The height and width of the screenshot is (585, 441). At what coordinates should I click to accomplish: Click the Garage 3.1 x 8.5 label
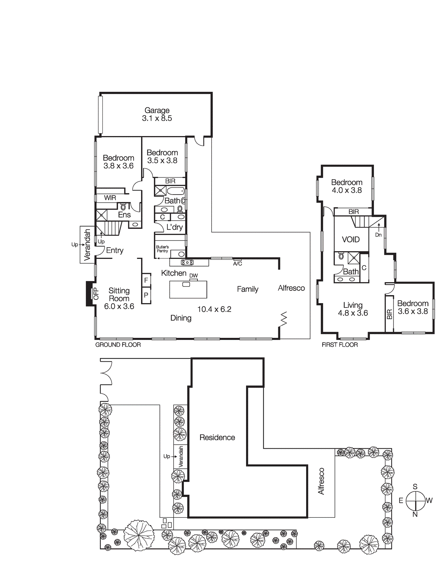(x=157, y=114)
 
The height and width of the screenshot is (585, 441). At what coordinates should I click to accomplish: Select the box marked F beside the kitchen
(x=146, y=280)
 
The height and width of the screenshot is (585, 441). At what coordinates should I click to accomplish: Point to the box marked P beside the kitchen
(x=146, y=295)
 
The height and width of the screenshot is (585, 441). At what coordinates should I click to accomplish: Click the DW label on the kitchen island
(x=193, y=276)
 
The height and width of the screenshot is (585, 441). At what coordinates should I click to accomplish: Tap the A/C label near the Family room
(x=237, y=264)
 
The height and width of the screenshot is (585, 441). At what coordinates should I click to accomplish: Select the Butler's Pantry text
(x=162, y=249)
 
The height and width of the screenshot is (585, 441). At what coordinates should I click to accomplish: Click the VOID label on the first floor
(x=351, y=239)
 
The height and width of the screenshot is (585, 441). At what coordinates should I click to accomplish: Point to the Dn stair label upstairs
(x=378, y=235)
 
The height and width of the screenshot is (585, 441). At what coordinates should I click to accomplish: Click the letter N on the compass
(x=415, y=514)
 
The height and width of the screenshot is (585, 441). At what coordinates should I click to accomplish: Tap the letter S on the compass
(x=415, y=487)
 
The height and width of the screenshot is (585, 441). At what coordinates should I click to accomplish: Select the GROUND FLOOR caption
(x=118, y=345)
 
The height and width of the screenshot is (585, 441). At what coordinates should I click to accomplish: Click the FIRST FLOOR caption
(x=340, y=345)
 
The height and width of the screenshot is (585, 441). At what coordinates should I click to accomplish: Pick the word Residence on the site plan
(x=217, y=438)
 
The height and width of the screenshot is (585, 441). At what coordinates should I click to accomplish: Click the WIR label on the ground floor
(x=110, y=198)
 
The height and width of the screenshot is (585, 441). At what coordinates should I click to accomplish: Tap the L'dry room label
(x=174, y=227)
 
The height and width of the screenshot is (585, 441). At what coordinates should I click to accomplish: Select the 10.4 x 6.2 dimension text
(x=214, y=309)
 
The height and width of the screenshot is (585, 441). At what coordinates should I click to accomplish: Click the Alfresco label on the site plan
(x=321, y=481)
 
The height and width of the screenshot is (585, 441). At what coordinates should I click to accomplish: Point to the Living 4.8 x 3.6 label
(x=353, y=309)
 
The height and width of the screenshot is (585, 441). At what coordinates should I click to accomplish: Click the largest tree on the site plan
(x=139, y=536)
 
